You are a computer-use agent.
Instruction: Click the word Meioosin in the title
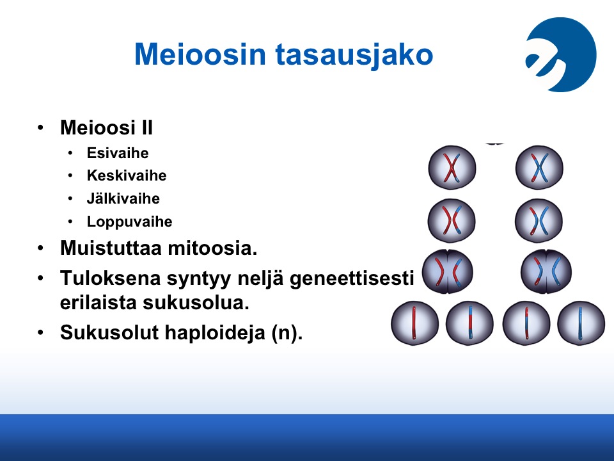pyautogui.click(x=200, y=54)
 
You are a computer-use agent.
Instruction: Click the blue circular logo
pyautogui.click(x=561, y=54)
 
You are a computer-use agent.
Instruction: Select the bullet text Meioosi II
pyautogui.click(x=106, y=127)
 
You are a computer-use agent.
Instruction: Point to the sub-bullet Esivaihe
pyautogui.click(x=118, y=153)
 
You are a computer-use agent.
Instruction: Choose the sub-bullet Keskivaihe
pyautogui.click(x=127, y=175)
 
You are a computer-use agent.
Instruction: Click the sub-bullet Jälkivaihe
pyautogui.click(x=123, y=198)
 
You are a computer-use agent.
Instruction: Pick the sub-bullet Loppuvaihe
pyautogui.click(x=129, y=222)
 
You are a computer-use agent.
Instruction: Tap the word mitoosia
pyautogui.click(x=212, y=248)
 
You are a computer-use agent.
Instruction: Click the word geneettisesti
pyautogui.click(x=352, y=279)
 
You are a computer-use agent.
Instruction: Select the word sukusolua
pyautogui.click(x=196, y=302)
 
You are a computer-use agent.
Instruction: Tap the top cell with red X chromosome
pyautogui.click(x=452, y=168)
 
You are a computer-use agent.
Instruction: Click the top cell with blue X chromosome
pyautogui.click(x=539, y=168)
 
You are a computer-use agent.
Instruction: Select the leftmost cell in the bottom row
pyautogui.click(x=414, y=323)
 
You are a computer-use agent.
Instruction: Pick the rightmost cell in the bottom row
pyautogui.click(x=581, y=323)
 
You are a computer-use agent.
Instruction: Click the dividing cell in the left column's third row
pyautogui.click(x=448, y=271)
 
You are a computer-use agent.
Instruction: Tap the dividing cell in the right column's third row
pyautogui.click(x=546, y=271)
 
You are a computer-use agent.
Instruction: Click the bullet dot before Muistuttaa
pyautogui.click(x=40, y=248)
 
